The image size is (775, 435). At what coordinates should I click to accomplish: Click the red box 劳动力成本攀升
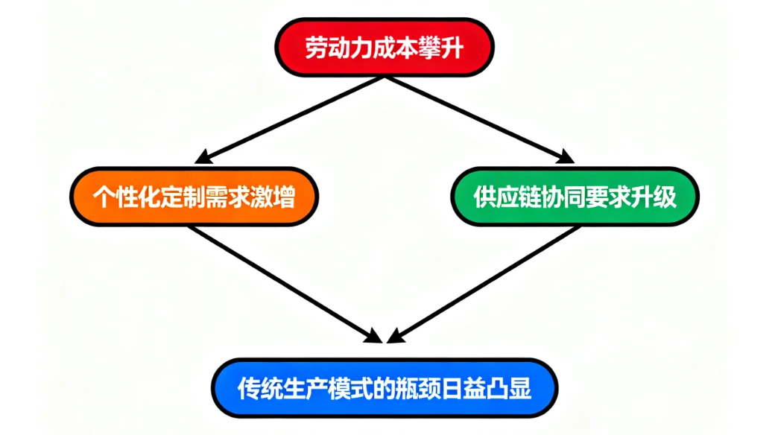(x=385, y=48)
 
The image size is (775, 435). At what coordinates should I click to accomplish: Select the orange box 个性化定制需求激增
(x=194, y=197)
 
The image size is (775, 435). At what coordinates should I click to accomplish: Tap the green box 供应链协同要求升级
(x=575, y=197)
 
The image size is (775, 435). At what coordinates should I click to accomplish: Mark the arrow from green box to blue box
(x=484, y=283)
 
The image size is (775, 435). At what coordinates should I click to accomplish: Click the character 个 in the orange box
(x=104, y=198)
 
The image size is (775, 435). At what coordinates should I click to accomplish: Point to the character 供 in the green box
(x=484, y=197)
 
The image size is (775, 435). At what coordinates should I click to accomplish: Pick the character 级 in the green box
(x=665, y=197)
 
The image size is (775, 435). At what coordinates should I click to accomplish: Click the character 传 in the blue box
(x=249, y=388)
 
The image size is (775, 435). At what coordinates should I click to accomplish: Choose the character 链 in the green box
(x=530, y=197)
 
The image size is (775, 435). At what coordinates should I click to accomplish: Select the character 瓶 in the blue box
(x=406, y=388)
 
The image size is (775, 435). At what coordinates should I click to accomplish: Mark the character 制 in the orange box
(x=194, y=198)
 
